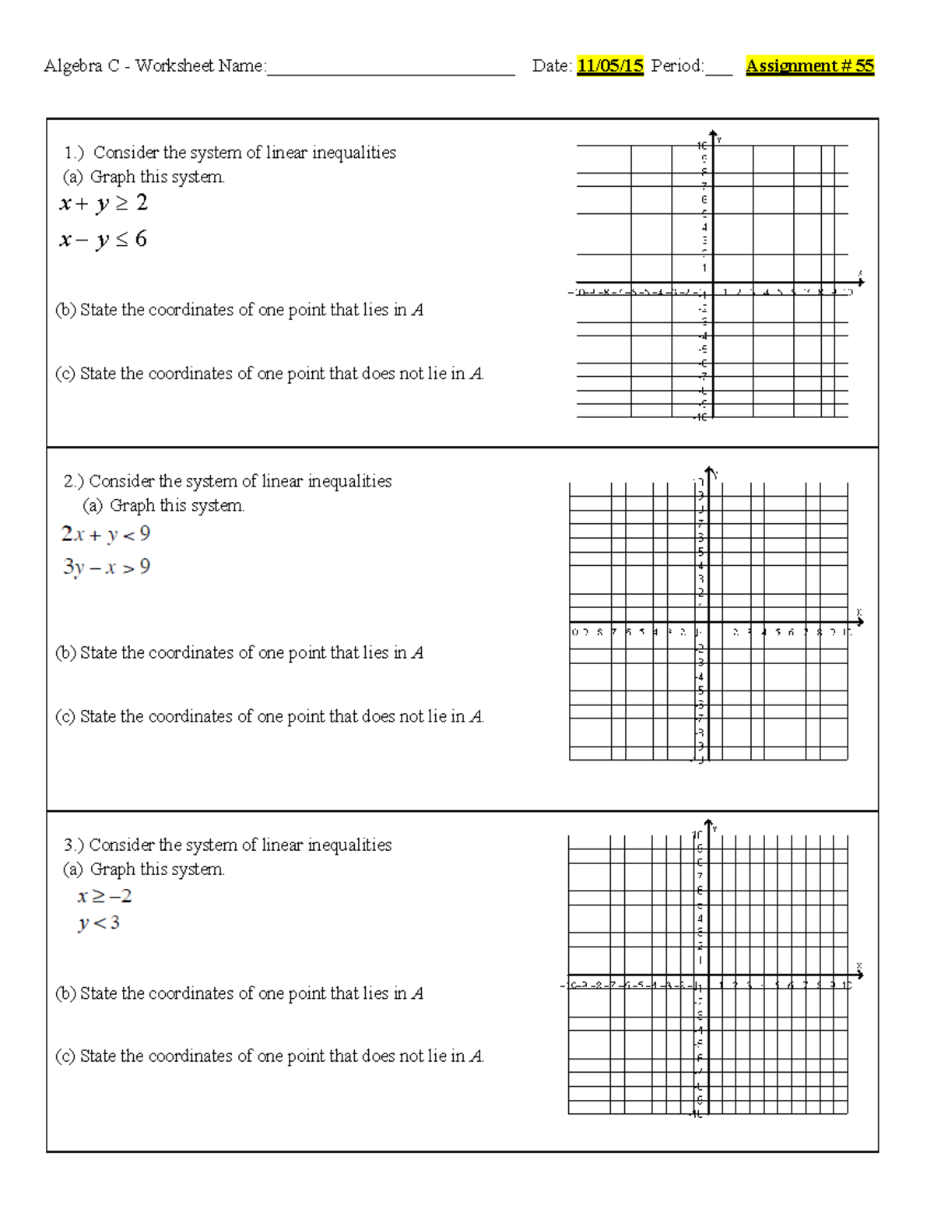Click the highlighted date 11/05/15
pos(609,66)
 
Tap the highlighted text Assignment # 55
pos(809,66)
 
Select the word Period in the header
pos(676,66)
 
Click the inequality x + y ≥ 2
pos(103,204)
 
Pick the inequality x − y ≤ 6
pos(103,240)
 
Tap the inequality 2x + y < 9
pos(106,534)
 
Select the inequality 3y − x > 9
pos(107,568)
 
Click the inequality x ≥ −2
pos(104,896)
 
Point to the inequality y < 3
pos(99,923)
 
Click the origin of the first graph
pos(713,283)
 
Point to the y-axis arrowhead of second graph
pos(709,470)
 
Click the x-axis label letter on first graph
pos(860,273)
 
